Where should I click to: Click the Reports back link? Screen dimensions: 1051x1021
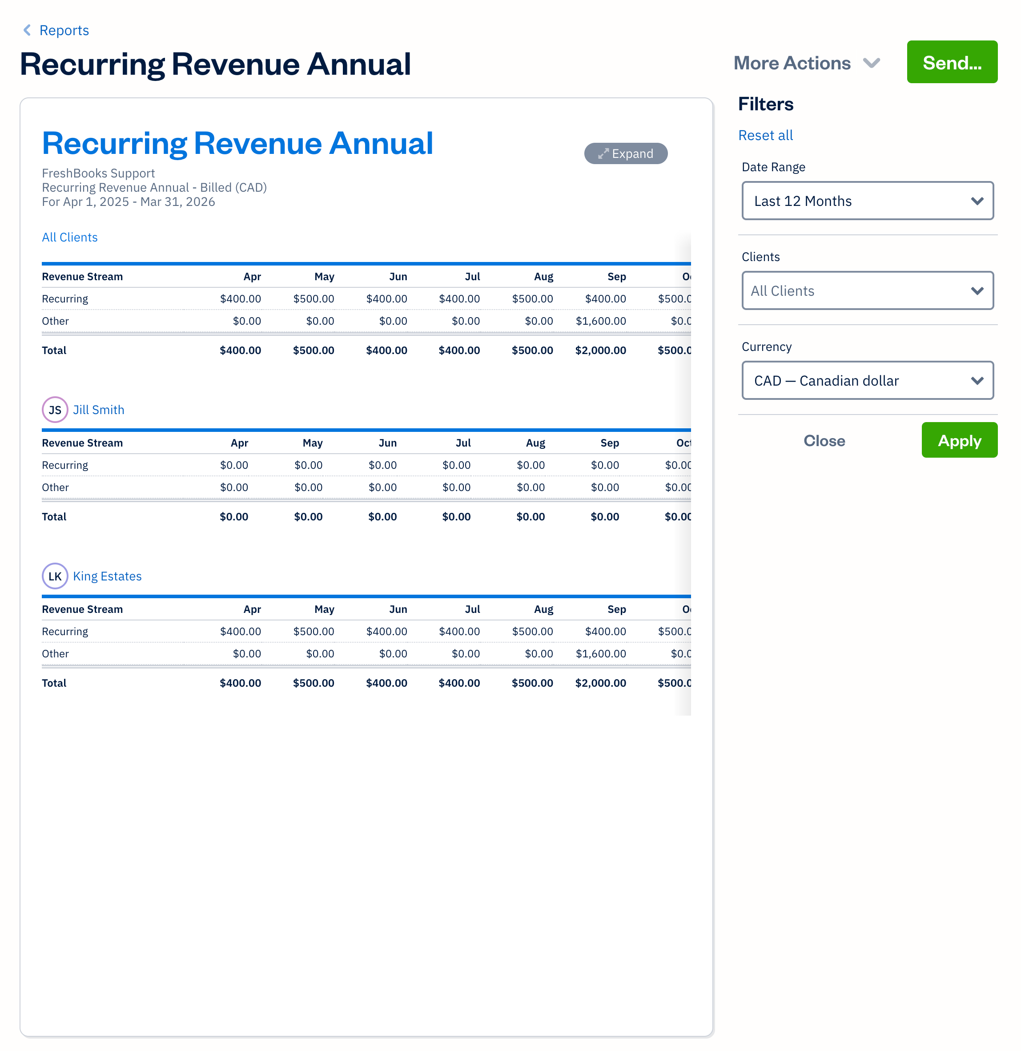pyautogui.click(x=56, y=31)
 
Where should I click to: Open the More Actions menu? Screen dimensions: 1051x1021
pyautogui.click(x=806, y=63)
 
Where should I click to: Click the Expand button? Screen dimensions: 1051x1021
pyautogui.click(x=625, y=154)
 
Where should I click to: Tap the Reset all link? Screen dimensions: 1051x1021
pyautogui.click(x=765, y=136)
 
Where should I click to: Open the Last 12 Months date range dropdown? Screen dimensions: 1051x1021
pyautogui.click(x=867, y=201)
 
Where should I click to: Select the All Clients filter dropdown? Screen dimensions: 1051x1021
pyautogui.click(x=867, y=290)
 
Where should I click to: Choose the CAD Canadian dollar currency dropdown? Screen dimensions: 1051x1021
pyautogui.click(x=867, y=381)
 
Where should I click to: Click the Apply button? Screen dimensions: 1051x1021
pyautogui.click(x=959, y=441)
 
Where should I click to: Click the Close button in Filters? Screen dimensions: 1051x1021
pyautogui.click(x=824, y=441)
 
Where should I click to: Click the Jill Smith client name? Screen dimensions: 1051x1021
pyautogui.click(x=99, y=410)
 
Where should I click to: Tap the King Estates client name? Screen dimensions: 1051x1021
pyautogui.click(x=107, y=576)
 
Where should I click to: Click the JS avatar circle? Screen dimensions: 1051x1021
pyautogui.click(x=55, y=410)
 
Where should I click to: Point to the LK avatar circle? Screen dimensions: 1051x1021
pyautogui.click(x=55, y=576)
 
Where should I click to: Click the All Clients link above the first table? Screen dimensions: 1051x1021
pyautogui.click(x=70, y=238)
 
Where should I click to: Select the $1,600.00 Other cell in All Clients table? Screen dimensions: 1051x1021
pyautogui.click(x=601, y=321)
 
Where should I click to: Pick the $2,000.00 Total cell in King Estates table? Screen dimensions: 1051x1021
pyautogui.click(x=601, y=683)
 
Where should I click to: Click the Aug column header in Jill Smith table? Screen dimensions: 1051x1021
pyautogui.click(x=535, y=443)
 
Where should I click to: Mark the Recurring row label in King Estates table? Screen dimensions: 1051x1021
pyautogui.click(x=65, y=632)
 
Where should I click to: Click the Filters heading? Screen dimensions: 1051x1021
pyautogui.click(x=765, y=104)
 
